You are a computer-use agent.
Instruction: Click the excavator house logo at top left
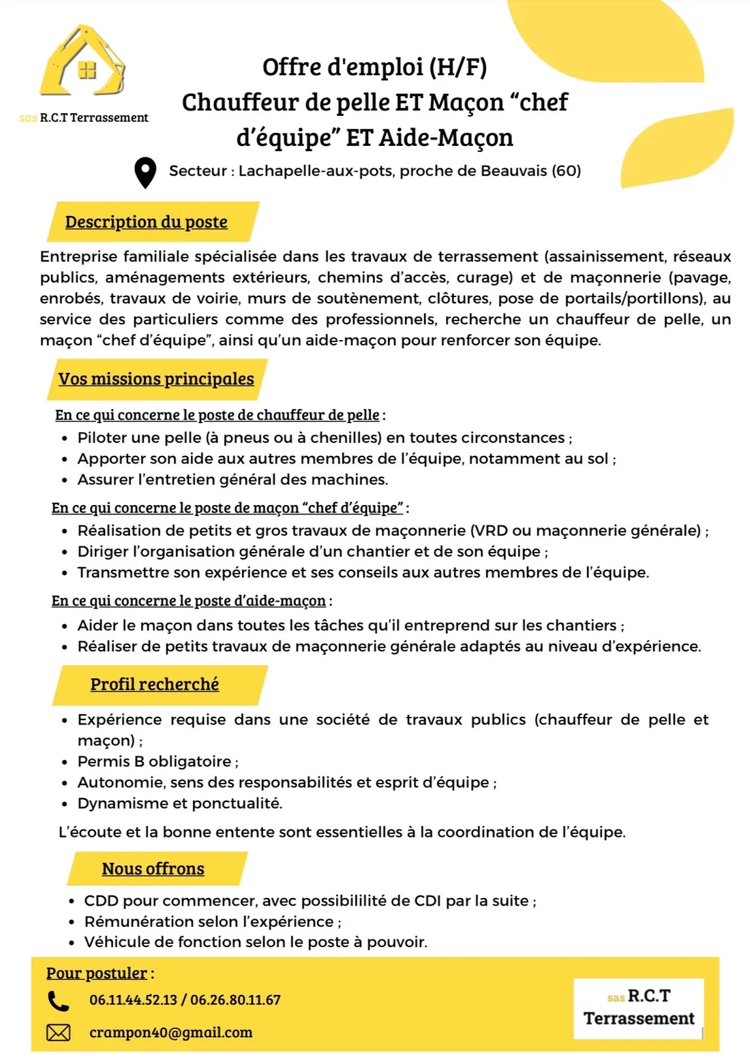pos(82,63)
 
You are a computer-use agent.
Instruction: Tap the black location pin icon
pos(145,172)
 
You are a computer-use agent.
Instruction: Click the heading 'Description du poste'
pos(146,222)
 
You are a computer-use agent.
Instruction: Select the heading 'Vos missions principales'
pos(156,379)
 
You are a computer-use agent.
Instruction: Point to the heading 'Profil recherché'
pos(155,684)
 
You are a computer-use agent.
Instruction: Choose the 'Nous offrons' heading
pos(153,869)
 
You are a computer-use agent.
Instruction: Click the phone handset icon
pos(58,1000)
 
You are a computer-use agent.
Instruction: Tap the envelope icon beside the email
pos(58,1033)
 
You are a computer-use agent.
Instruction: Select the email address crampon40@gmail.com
pos(170,1032)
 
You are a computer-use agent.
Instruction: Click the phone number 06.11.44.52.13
pos(133,1000)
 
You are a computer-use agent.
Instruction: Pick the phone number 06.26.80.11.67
pos(235,1000)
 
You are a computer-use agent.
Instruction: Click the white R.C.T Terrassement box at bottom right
pos(638,1008)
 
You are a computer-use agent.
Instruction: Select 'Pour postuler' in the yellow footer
pos(97,973)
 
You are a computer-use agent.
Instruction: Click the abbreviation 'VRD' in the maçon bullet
pos(490,530)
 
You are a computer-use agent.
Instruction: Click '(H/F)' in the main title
pos(457,67)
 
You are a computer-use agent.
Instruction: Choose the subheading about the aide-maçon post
pos(189,601)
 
